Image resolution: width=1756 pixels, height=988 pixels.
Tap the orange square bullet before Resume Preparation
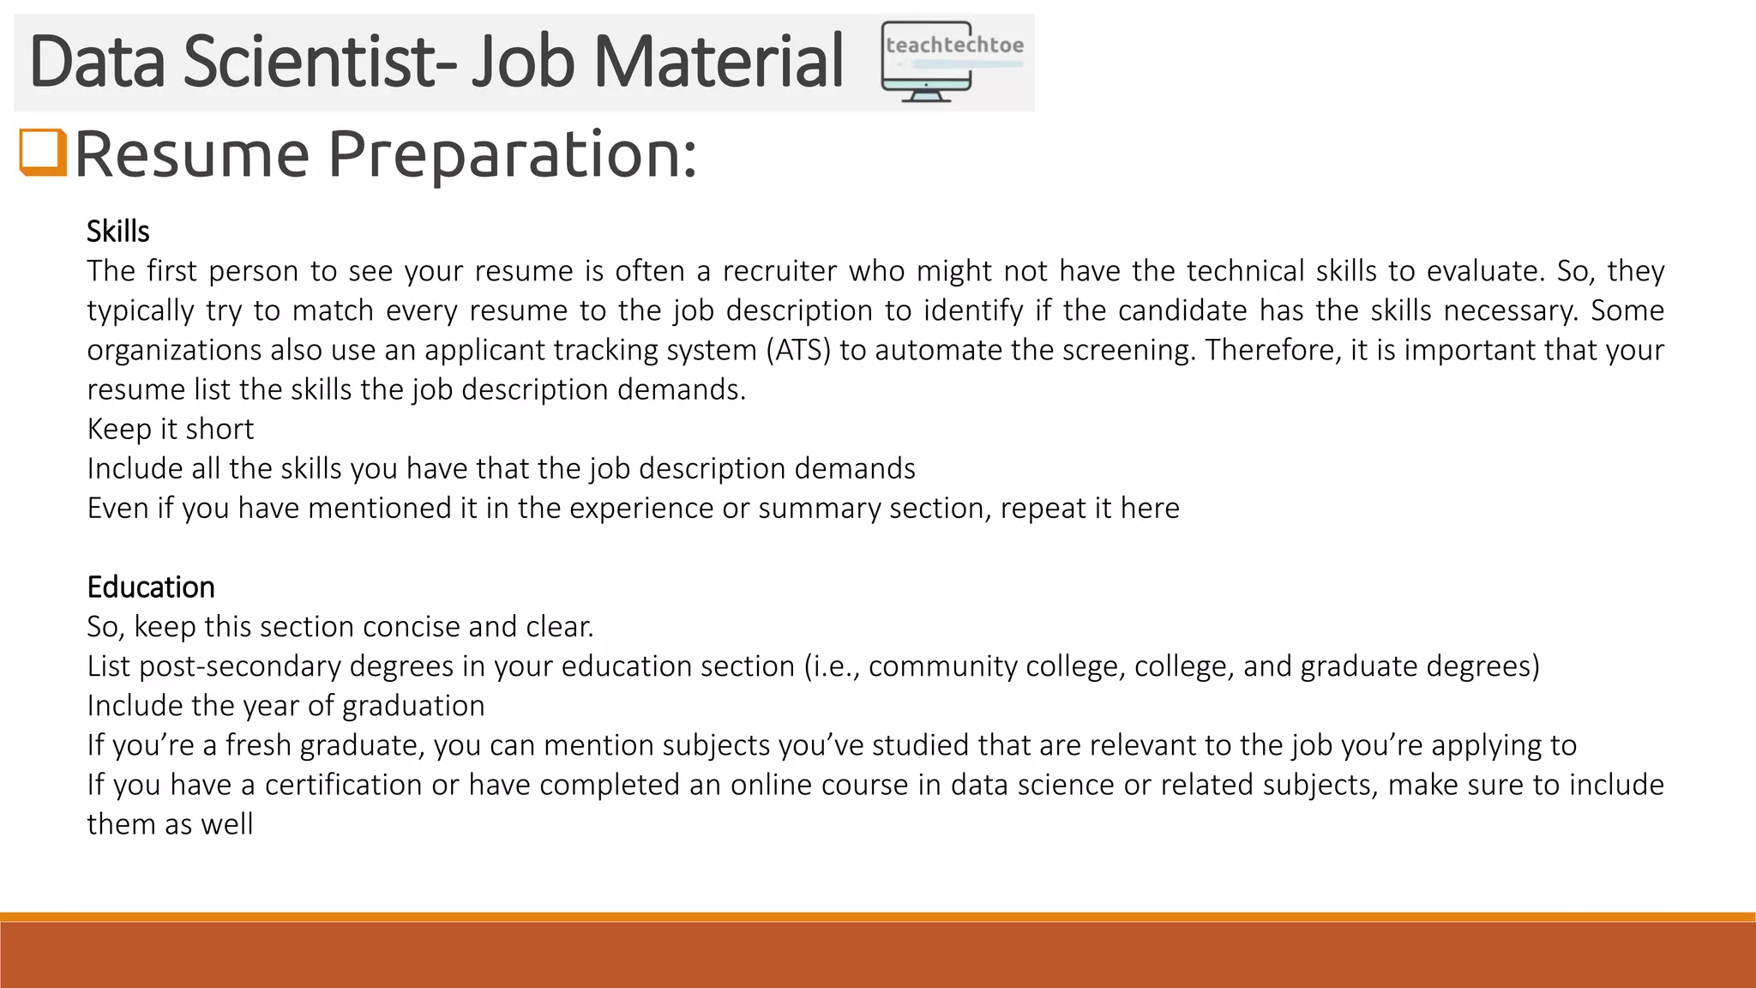tap(43, 153)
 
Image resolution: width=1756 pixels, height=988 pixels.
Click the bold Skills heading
tap(118, 232)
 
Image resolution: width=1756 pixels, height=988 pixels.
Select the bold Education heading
tap(151, 587)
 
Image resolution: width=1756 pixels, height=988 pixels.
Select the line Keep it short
tap(171, 429)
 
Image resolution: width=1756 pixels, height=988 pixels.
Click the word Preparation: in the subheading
tap(513, 154)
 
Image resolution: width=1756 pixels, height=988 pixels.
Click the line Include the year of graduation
tap(286, 706)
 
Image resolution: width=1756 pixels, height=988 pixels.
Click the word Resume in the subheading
tap(191, 154)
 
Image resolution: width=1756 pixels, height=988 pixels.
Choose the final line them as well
tap(170, 824)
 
